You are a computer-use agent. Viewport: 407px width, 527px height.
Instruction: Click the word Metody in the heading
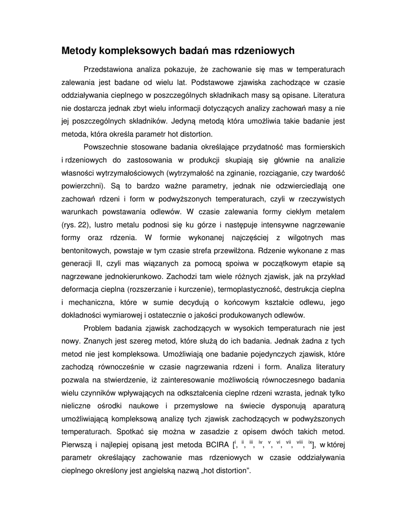pos(79,50)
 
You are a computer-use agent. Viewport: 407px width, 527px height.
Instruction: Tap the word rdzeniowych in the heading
pos(264,50)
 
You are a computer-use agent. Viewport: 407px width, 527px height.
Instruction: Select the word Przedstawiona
pos(108,69)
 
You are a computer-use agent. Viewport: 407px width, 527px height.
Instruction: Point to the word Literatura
pos(328,95)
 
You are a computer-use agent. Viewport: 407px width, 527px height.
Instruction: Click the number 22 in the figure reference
pos(77,225)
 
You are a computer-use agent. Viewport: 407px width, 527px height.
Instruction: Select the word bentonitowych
pos(88,251)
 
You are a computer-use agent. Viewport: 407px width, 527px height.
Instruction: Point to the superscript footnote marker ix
pos(310,442)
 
